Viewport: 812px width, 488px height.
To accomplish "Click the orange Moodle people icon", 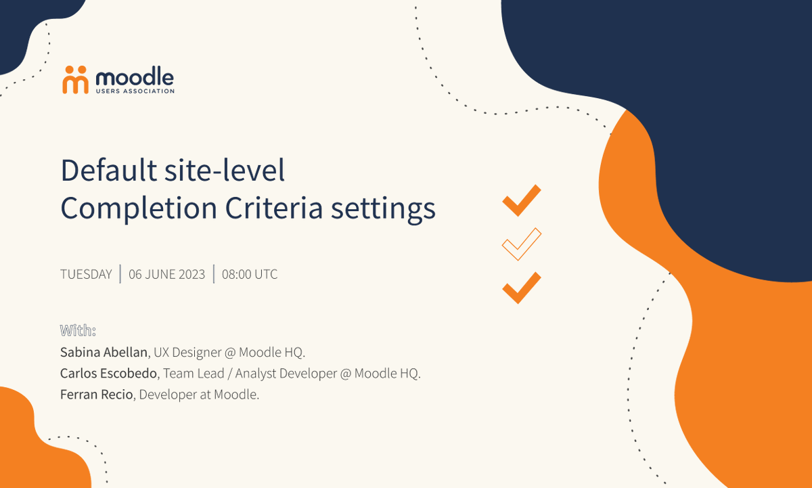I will pyautogui.click(x=75, y=79).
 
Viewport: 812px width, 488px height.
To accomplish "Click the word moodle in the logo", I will pyautogui.click(x=135, y=76).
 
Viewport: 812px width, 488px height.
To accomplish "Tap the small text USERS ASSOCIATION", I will pyautogui.click(x=135, y=91).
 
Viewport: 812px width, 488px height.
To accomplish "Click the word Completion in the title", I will pyautogui.click(x=137, y=208).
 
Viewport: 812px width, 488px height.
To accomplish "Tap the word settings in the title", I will pyautogui.click(x=383, y=208).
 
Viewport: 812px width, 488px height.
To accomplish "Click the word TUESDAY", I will pyautogui.click(x=86, y=274).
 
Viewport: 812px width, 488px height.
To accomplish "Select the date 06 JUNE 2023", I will pyautogui.click(x=166, y=274).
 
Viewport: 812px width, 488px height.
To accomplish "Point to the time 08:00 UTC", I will pyautogui.click(x=250, y=274).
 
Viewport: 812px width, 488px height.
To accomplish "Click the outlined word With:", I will pyautogui.click(x=78, y=330).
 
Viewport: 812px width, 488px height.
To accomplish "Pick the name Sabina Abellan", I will pyautogui.click(x=104, y=353).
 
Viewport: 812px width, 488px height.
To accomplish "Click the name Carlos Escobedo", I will pyautogui.click(x=108, y=374).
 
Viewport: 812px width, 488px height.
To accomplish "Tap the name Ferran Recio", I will pyautogui.click(x=97, y=395).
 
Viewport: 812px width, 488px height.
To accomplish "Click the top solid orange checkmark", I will pyautogui.click(x=521, y=200).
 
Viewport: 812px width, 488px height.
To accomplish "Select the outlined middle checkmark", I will pyautogui.click(x=521, y=244).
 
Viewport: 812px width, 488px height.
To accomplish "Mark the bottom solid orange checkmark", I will pyautogui.click(x=521, y=288).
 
